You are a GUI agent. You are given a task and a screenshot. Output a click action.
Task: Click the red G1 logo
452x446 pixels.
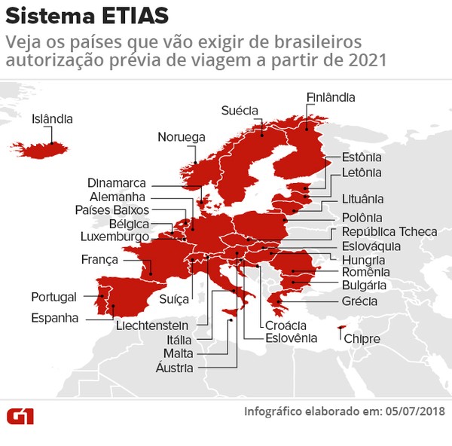(x=21, y=415)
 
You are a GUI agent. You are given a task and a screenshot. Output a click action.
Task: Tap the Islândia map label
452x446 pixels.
(x=52, y=119)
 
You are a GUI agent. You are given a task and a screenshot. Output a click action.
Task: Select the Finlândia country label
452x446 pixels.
(x=331, y=97)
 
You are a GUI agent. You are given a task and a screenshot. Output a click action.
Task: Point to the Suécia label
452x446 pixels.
(x=240, y=111)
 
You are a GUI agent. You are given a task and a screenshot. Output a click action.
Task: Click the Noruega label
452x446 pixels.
(x=182, y=137)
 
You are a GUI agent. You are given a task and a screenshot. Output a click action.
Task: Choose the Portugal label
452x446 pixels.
(x=53, y=296)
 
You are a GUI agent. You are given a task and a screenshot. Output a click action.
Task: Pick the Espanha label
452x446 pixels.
(x=54, y=318)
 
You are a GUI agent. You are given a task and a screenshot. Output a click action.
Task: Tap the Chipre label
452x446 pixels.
(x=362, y=340)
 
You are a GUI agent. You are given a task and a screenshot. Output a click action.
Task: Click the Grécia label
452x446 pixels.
(x=359, y=301)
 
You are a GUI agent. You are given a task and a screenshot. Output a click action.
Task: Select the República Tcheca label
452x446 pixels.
(x=389, y=231)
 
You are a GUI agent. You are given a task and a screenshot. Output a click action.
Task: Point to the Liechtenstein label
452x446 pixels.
(x=151, y=326)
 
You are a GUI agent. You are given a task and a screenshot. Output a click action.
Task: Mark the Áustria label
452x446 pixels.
(x=175, y=368)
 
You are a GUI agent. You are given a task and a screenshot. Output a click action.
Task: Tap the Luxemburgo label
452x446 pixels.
(x=115, y=237)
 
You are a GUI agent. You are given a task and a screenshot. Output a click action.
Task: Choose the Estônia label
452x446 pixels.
(x=362, y=157)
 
